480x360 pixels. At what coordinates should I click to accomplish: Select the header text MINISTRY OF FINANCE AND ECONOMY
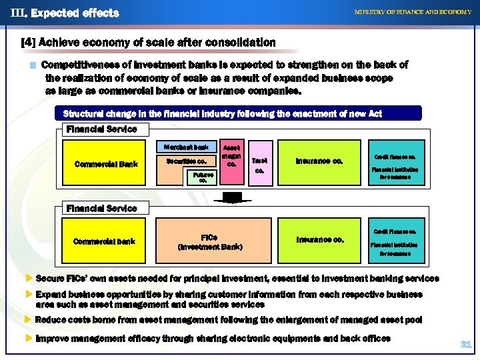(x=412, y=12)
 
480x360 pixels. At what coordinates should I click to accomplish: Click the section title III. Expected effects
(x=65, y=13)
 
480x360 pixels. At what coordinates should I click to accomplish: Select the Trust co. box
(x=260, y=165)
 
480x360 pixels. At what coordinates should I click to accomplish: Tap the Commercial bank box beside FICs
(x=104, y=241)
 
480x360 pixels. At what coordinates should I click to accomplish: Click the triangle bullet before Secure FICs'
(x=28, y=279)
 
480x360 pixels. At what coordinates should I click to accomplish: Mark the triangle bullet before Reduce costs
(x=28, y=320)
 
